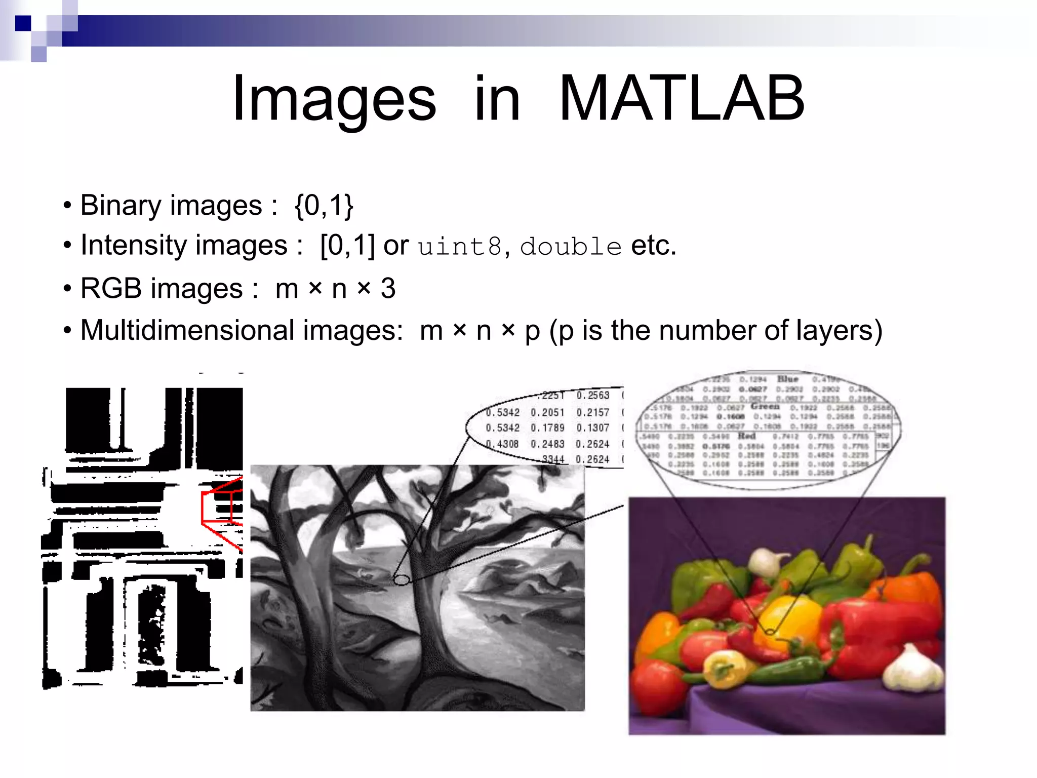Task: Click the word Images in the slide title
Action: tap(334, 98)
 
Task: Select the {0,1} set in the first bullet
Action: tap(324, 206)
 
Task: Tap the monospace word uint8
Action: tap(460, 247)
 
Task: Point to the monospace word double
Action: tap(571, 247)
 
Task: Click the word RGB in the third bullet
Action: tap(111, 289)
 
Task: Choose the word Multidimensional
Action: tap(187, 330)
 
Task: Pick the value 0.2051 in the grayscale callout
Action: tap(547, 413)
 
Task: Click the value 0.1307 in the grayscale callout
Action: tap(592, 428)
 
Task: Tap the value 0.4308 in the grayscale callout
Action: tap(502, 444)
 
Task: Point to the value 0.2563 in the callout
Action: tap(592, 396)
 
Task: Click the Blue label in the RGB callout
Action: tap(788, 379)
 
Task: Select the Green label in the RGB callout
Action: tap(765, 406)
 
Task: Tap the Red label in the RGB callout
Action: tap(747, 436)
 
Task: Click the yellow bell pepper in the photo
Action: tap(790, 615)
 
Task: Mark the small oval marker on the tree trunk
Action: tap(402, 579)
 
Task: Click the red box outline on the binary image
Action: tap(218, 507)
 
